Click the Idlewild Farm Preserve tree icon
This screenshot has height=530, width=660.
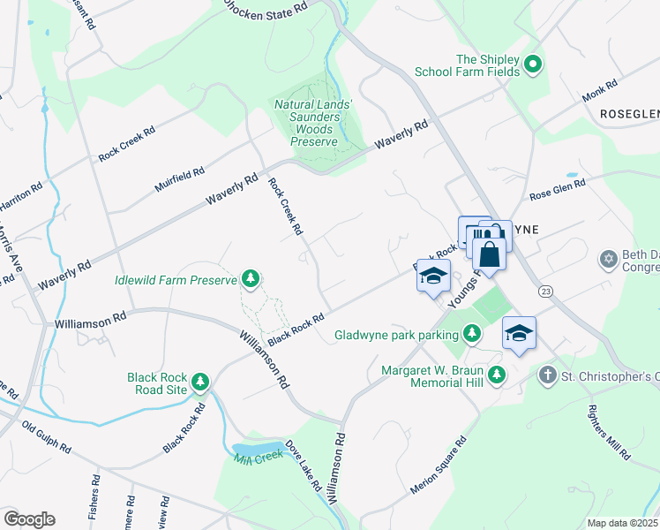pyautogui.click(x=251, y=279)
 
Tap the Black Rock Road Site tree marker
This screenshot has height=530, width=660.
pyautogui.click(x=201, y=382)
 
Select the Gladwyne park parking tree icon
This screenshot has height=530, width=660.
pyautogui.click(x=473, y=334)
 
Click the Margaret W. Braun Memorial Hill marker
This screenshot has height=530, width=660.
pyautogui.click(x=497, y=375)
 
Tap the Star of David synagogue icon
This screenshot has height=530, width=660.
pyautogui.click(x=607, y=260)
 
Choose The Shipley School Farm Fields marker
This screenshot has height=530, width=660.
pyautogui.click(x=532, y=64)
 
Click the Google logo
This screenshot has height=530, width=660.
pyautogui.click(x=29, y=519)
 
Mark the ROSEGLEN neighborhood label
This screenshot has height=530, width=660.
pyautogui.click(x=629, y=115)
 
